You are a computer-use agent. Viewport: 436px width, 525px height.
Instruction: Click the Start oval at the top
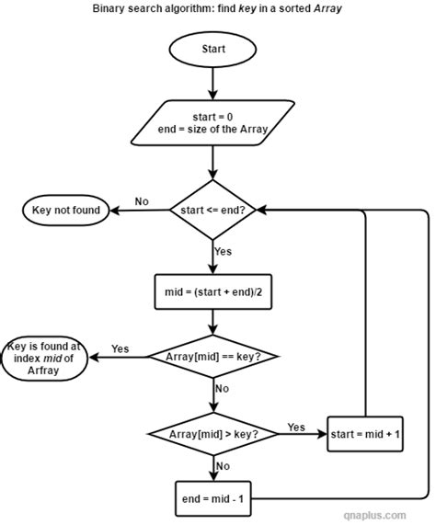[212, 49]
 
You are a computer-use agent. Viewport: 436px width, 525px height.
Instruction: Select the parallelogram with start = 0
[212, 122]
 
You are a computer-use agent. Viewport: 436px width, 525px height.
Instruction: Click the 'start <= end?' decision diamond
[212, 210]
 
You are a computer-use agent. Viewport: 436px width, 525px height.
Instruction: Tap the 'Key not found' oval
[61, 210]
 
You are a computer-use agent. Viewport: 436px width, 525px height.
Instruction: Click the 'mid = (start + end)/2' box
[212, 294]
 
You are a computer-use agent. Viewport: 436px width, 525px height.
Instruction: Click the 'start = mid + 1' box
[365, 433]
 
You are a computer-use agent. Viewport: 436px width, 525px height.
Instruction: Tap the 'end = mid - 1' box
[212, 499]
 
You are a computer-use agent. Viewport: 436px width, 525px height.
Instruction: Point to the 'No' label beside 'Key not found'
[142, 200]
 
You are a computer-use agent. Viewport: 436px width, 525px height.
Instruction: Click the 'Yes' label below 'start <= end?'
[224, 250]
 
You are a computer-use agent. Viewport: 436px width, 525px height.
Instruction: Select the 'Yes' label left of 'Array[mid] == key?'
[120, 348]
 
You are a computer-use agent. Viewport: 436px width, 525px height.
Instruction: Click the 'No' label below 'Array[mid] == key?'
[222, 389]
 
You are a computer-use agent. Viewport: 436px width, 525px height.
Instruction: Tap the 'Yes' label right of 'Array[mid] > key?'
[296, 427]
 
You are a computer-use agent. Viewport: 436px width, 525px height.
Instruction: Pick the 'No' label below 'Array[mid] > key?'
[222, 465]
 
